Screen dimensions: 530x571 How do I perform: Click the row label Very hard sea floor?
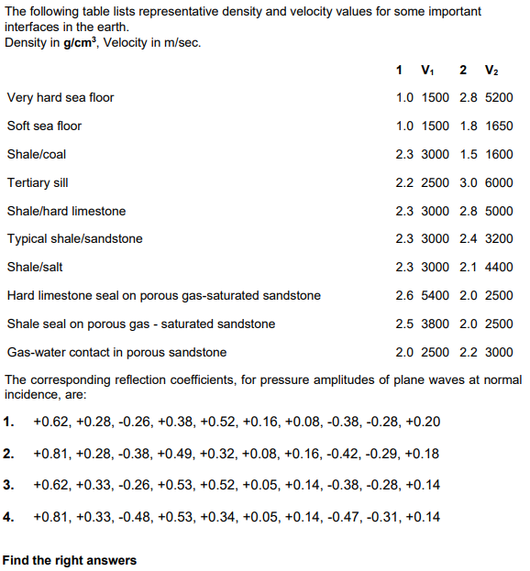(61, 97)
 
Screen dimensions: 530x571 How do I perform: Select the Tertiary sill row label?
(38, 182)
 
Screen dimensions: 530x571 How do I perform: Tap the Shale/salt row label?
(35, 267)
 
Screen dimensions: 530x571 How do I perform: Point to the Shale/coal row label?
(37, 154)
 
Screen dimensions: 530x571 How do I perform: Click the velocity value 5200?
(498, 97)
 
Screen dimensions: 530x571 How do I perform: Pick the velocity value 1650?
(498, 126)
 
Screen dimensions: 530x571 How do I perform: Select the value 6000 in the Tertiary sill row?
(498, 182)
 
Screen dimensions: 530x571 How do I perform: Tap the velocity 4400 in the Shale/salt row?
(498, 267)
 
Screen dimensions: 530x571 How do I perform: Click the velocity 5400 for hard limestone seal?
(435, 295)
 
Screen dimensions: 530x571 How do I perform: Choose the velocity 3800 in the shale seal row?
(435, 324)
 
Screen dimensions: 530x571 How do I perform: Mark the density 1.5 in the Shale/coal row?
(468, 154)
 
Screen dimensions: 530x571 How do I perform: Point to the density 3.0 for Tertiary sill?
(468, 182)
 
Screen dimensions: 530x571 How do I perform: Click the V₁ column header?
(427, 71)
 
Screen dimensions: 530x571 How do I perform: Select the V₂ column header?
(491, 71)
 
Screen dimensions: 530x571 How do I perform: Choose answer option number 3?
(8, 485)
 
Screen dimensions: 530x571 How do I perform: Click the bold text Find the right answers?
(70, 560)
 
